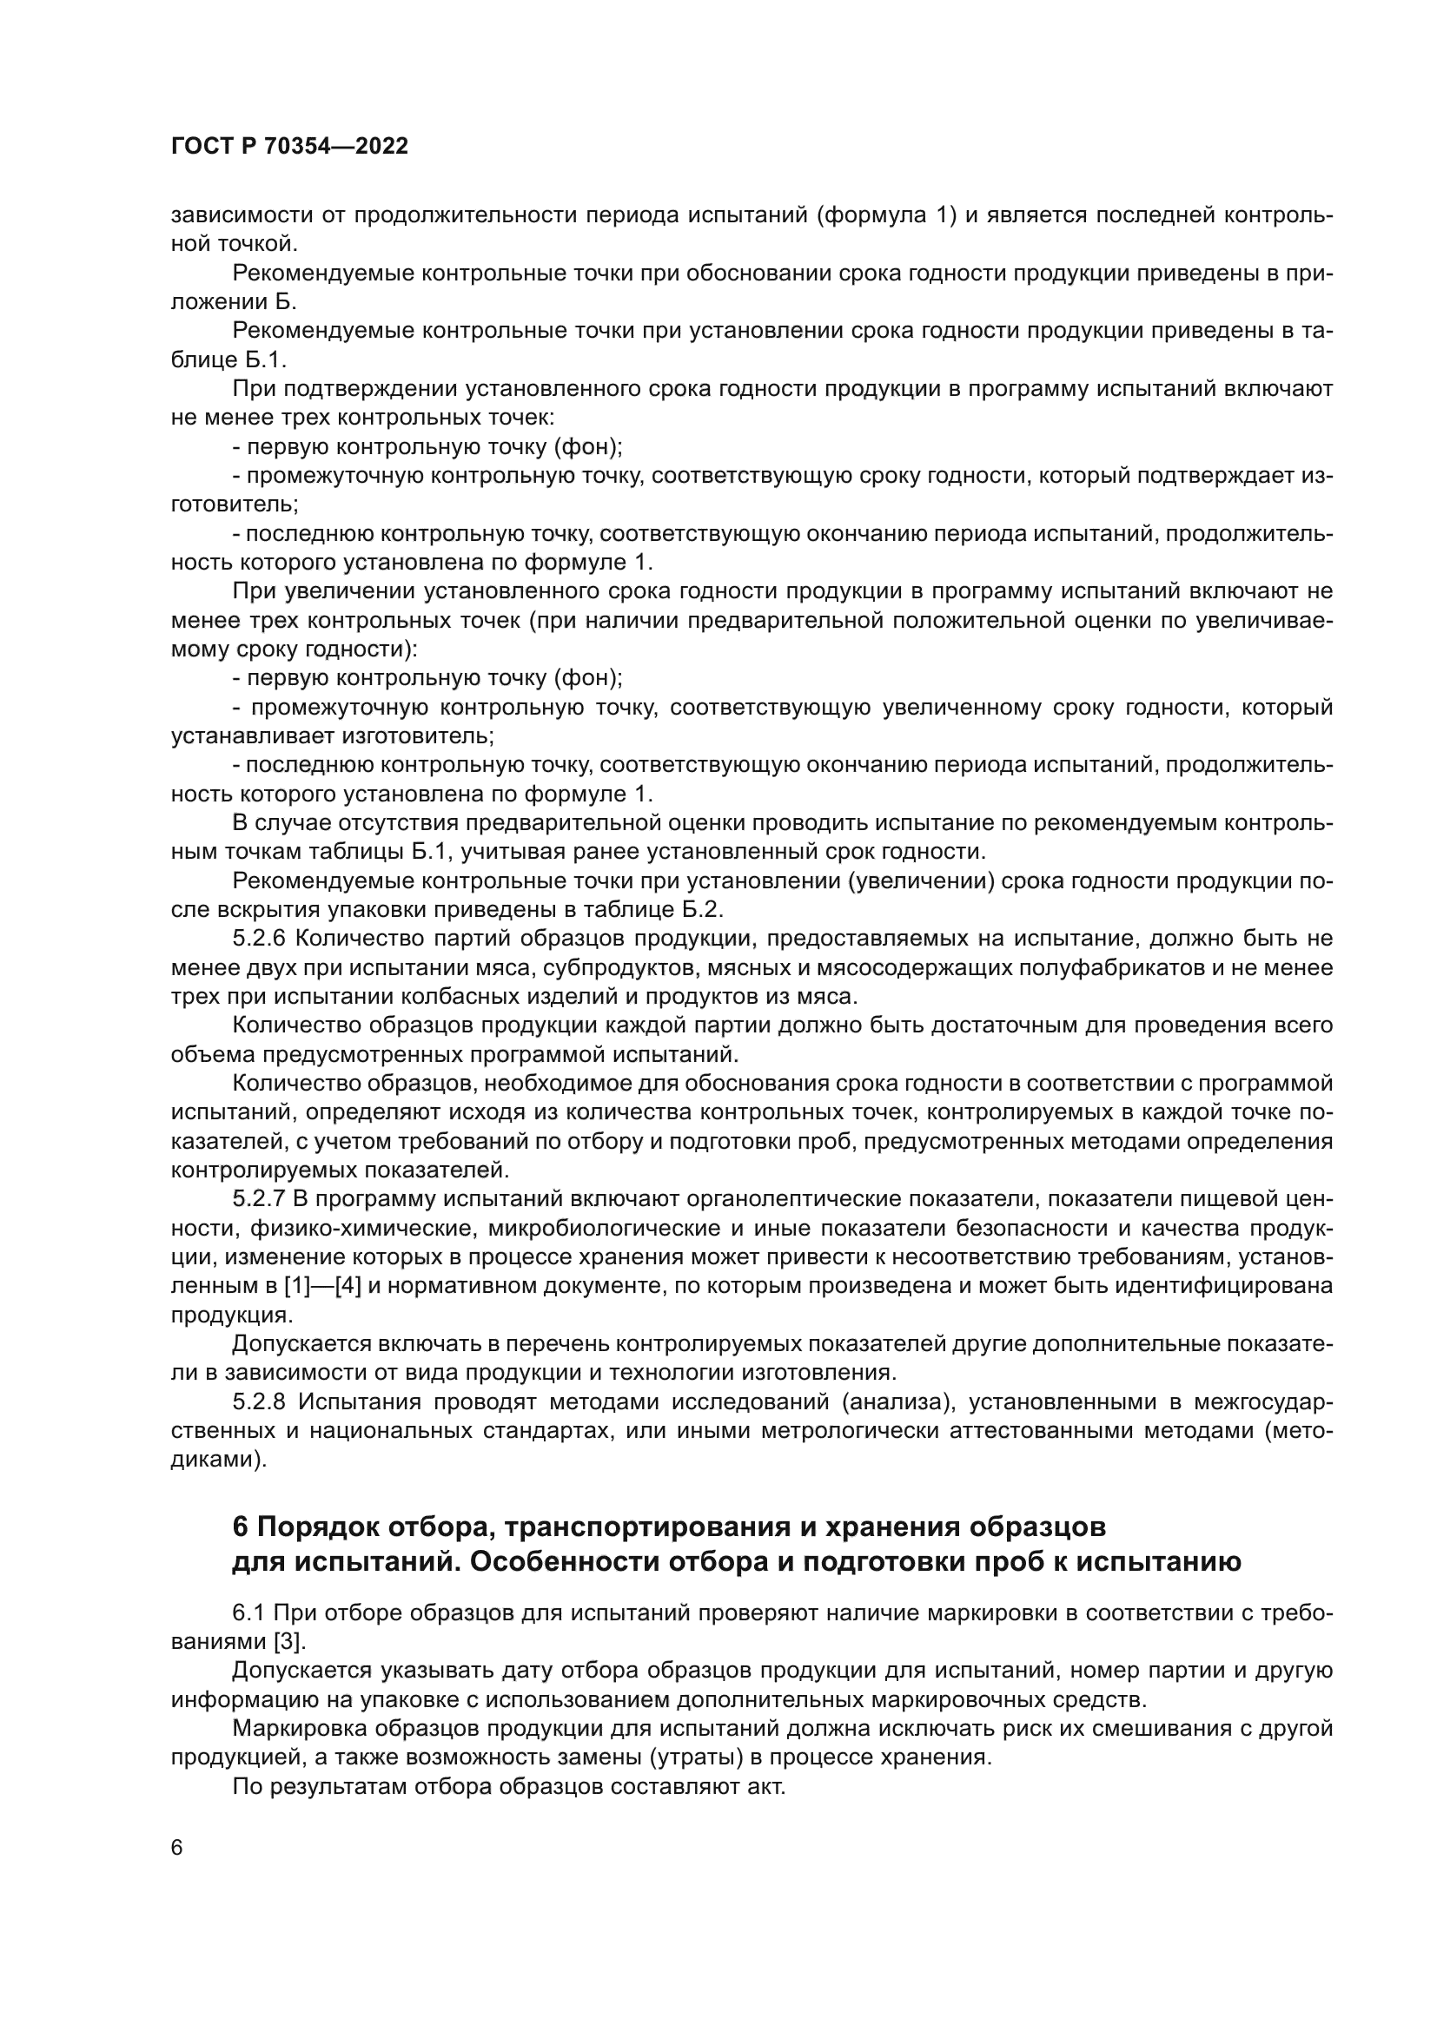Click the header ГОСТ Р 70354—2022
(x=289, y=147)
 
